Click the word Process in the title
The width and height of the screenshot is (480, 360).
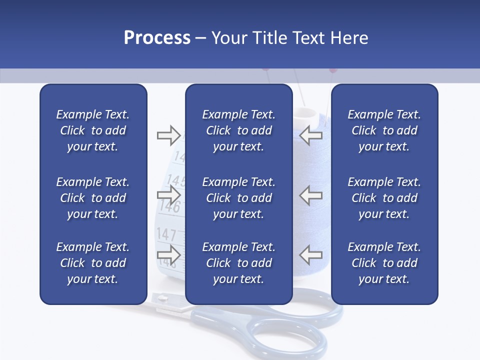tap(157, 38)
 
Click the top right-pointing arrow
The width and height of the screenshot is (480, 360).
tap(168, 135)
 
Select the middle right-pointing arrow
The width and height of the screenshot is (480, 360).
tap(168, 195)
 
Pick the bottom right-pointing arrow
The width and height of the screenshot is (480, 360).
tap(168, 255)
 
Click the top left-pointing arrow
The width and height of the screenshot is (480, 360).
tap(311, 135)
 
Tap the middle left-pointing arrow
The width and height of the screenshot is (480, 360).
tap(311, 195)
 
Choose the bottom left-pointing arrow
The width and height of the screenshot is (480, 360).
tap(311, 255)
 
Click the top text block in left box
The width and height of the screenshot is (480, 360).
tap(93, 130)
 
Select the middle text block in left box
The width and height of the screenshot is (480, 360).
tap(93, 198)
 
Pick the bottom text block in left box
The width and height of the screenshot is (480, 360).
tap(93, 263)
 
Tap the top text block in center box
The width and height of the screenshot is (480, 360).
tap(238, 130)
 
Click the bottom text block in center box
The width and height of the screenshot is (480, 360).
tap(238, 263)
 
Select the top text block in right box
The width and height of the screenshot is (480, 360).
tap(384, 130)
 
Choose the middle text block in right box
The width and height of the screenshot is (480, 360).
tap(384, 198)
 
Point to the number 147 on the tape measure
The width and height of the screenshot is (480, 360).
tap(166, 234)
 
